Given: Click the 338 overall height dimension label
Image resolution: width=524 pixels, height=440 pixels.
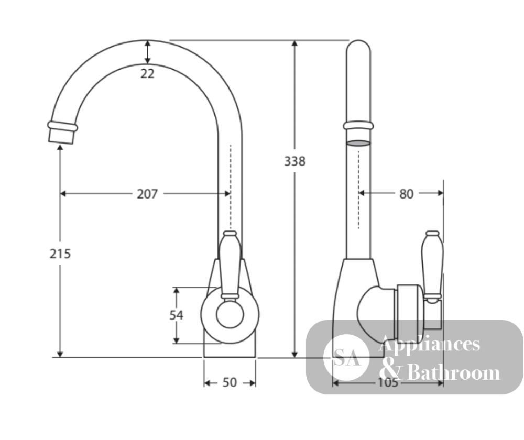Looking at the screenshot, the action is [x=294, y=161].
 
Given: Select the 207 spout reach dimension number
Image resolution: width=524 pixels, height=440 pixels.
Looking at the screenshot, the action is [x=147, y=194].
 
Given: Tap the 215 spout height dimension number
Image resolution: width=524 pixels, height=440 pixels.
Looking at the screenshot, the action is [x=60, y=254].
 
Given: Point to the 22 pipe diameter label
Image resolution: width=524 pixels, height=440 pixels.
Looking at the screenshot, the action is [x=147, y=73].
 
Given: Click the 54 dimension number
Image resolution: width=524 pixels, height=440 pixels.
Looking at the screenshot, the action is [x=176, y=315].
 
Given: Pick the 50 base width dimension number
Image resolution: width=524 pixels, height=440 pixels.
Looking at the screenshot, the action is [x=230, y=382].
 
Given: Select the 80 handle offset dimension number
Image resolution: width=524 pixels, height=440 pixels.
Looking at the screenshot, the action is [x=407, y=194].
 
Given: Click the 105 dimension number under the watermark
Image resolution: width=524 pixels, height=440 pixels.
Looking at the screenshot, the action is [x=388, y=382].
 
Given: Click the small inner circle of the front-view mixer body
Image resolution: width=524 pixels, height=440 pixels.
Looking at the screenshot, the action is [x=230, y=314].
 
